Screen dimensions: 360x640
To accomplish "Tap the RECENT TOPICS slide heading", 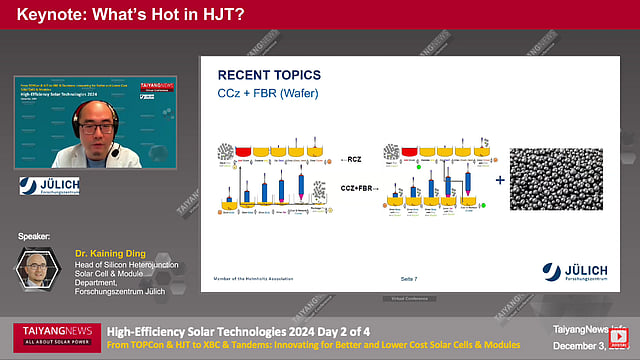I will tap(270, 75).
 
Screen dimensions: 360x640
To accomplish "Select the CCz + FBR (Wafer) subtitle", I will tap(265, 95).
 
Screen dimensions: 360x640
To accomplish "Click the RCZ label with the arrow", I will tap(352, 159).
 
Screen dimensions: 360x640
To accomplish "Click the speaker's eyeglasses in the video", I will tap(92, 127).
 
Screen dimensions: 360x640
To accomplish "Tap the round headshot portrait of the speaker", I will tap(38, 270).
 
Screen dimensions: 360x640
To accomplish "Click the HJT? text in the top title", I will tap(221, 15).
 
